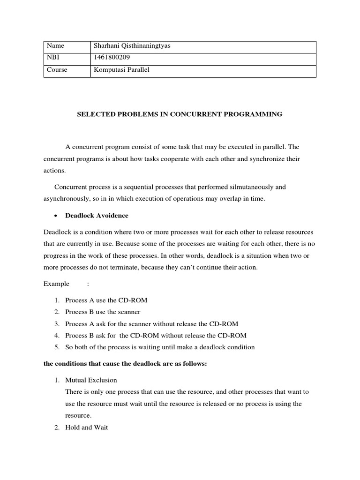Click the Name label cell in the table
click(55, 46)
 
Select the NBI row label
click(53, 58)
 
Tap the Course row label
click(57, 69)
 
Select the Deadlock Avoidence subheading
click(97, 216)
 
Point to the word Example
click(56, 284)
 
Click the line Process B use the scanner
click(103, 311)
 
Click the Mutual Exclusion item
click(91, 380)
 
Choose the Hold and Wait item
click(87, 427)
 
